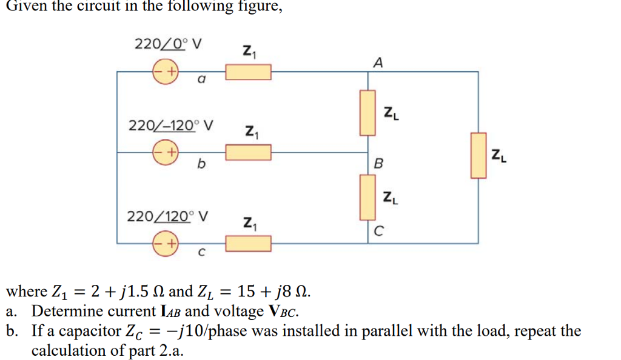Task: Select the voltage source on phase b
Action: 165,152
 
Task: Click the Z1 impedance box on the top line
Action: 249,72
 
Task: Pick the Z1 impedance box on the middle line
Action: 249,153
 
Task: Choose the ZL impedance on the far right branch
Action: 478,156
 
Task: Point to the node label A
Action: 379,62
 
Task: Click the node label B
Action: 379,164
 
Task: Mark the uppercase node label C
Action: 378,231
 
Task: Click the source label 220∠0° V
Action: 168,44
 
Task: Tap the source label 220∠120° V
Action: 167,216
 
